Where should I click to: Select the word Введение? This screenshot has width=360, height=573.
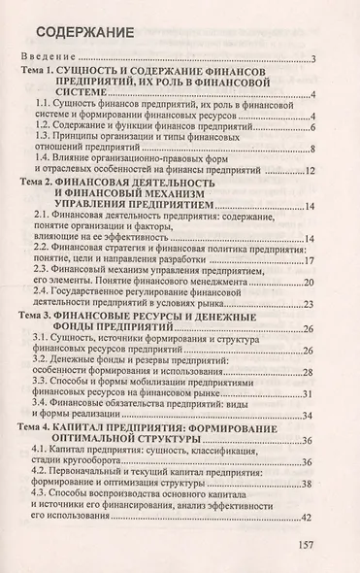54,60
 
